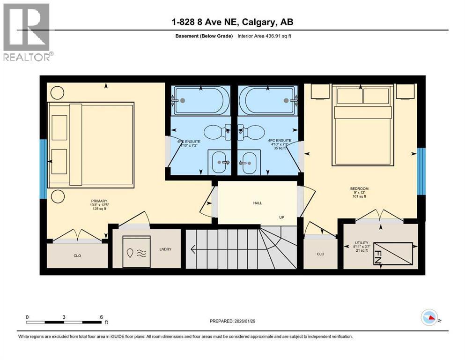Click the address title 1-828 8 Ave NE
point(232,22)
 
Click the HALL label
point(258,203)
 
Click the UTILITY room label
point(362,243)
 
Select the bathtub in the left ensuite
point(201,100)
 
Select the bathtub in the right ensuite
point(266,100)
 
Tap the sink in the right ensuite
point(250,163)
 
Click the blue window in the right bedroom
point(421,171)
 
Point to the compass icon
point(429,318)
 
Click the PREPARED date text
point(233,321)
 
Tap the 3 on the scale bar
point(64,316)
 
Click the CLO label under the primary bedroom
point(78,256)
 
